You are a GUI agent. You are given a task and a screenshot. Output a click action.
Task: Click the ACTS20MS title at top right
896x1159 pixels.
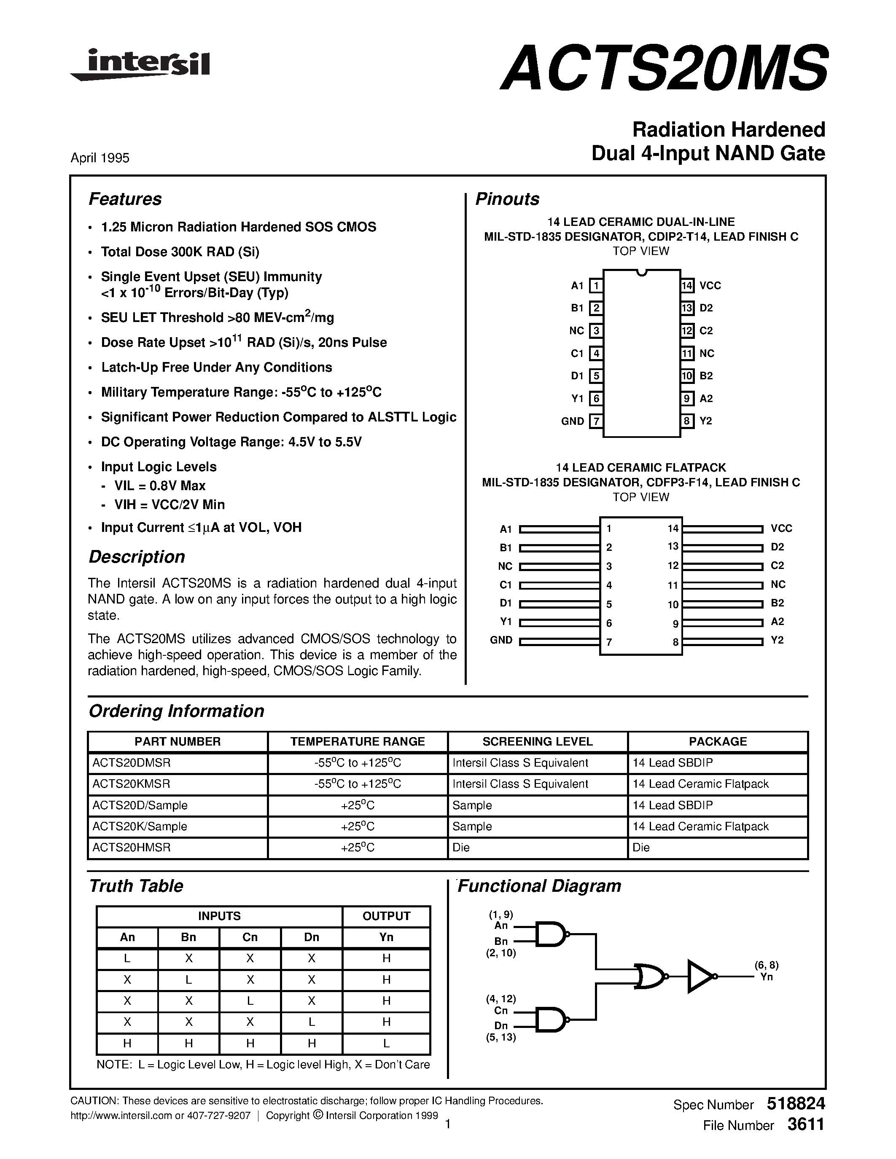pyautogui.click(x=664, y=68)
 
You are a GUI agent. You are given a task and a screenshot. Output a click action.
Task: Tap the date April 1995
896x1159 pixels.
pyautogui.click(x=100, y=158)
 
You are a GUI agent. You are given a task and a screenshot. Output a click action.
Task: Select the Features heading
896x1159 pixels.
pyautogui.click(x=125, y=199)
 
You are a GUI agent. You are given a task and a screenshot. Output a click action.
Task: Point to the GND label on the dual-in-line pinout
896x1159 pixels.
pyautogui.click(x=572, y=421)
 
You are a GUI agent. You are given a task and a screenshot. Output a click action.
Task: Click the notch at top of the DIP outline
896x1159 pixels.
pyautogui.click(x=642, y=273)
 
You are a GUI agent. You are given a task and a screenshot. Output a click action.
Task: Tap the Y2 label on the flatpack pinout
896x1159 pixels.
pyautogui.click(x=777, y=640)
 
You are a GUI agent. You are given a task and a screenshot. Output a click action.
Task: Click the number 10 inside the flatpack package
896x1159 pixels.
pyautogui.click(x=673, y=604)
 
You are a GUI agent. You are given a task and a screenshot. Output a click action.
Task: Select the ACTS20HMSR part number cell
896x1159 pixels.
pyautogui.click(x=132, y=848)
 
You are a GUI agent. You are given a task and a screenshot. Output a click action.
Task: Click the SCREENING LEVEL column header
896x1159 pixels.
pyautogui.click(x=537, y=741)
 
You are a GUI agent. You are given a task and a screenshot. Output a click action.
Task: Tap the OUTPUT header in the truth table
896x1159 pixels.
pyautogui.click(x=386, y=916)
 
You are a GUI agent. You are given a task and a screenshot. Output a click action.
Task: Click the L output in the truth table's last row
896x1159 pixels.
pyautogui.click(x=386, y=1044)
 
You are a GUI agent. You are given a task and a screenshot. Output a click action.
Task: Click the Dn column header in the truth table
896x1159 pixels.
pyautogui.click(x=312, y=937)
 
